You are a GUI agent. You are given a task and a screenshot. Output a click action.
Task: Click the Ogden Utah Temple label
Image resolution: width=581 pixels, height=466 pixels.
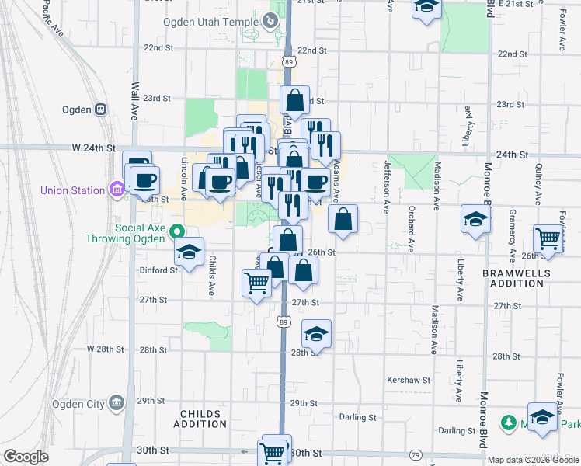click(210, 22)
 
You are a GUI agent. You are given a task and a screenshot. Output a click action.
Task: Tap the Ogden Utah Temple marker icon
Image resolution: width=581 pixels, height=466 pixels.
click(271, 21)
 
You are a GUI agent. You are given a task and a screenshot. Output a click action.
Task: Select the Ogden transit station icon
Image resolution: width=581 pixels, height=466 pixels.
click(100, 110)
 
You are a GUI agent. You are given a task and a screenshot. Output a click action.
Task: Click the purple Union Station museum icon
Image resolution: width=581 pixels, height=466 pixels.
click(117, 189)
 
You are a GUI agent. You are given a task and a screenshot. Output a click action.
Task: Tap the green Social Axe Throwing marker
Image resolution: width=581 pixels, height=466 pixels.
click(176, 231)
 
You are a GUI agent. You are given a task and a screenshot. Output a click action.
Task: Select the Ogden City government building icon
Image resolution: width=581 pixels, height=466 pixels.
click(117, 402)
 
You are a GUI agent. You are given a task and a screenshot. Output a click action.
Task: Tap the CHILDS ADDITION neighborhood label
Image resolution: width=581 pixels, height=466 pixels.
click(200, 419)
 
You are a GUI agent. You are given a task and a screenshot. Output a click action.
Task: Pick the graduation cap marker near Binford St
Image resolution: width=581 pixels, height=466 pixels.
click(189, 252)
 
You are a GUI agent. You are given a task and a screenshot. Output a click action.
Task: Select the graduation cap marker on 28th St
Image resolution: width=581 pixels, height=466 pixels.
click(316, 334)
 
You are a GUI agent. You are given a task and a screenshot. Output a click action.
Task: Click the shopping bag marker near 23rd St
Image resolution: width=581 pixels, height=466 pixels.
click(295, 100)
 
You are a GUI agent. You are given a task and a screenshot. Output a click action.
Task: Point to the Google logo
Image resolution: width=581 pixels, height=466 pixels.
click(26, 457)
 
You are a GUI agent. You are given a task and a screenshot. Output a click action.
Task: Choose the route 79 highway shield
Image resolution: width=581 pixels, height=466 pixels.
click(416, 454)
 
